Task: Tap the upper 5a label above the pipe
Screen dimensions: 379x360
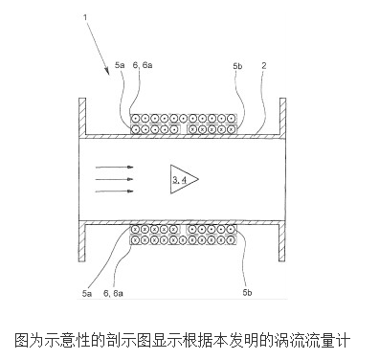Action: point(120,64)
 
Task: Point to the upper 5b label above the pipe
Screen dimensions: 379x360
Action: point(236,64)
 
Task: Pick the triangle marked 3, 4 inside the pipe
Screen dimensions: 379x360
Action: point(183,178)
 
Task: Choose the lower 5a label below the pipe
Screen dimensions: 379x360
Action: point(88,295)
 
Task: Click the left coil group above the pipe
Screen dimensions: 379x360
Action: point(157,124)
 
